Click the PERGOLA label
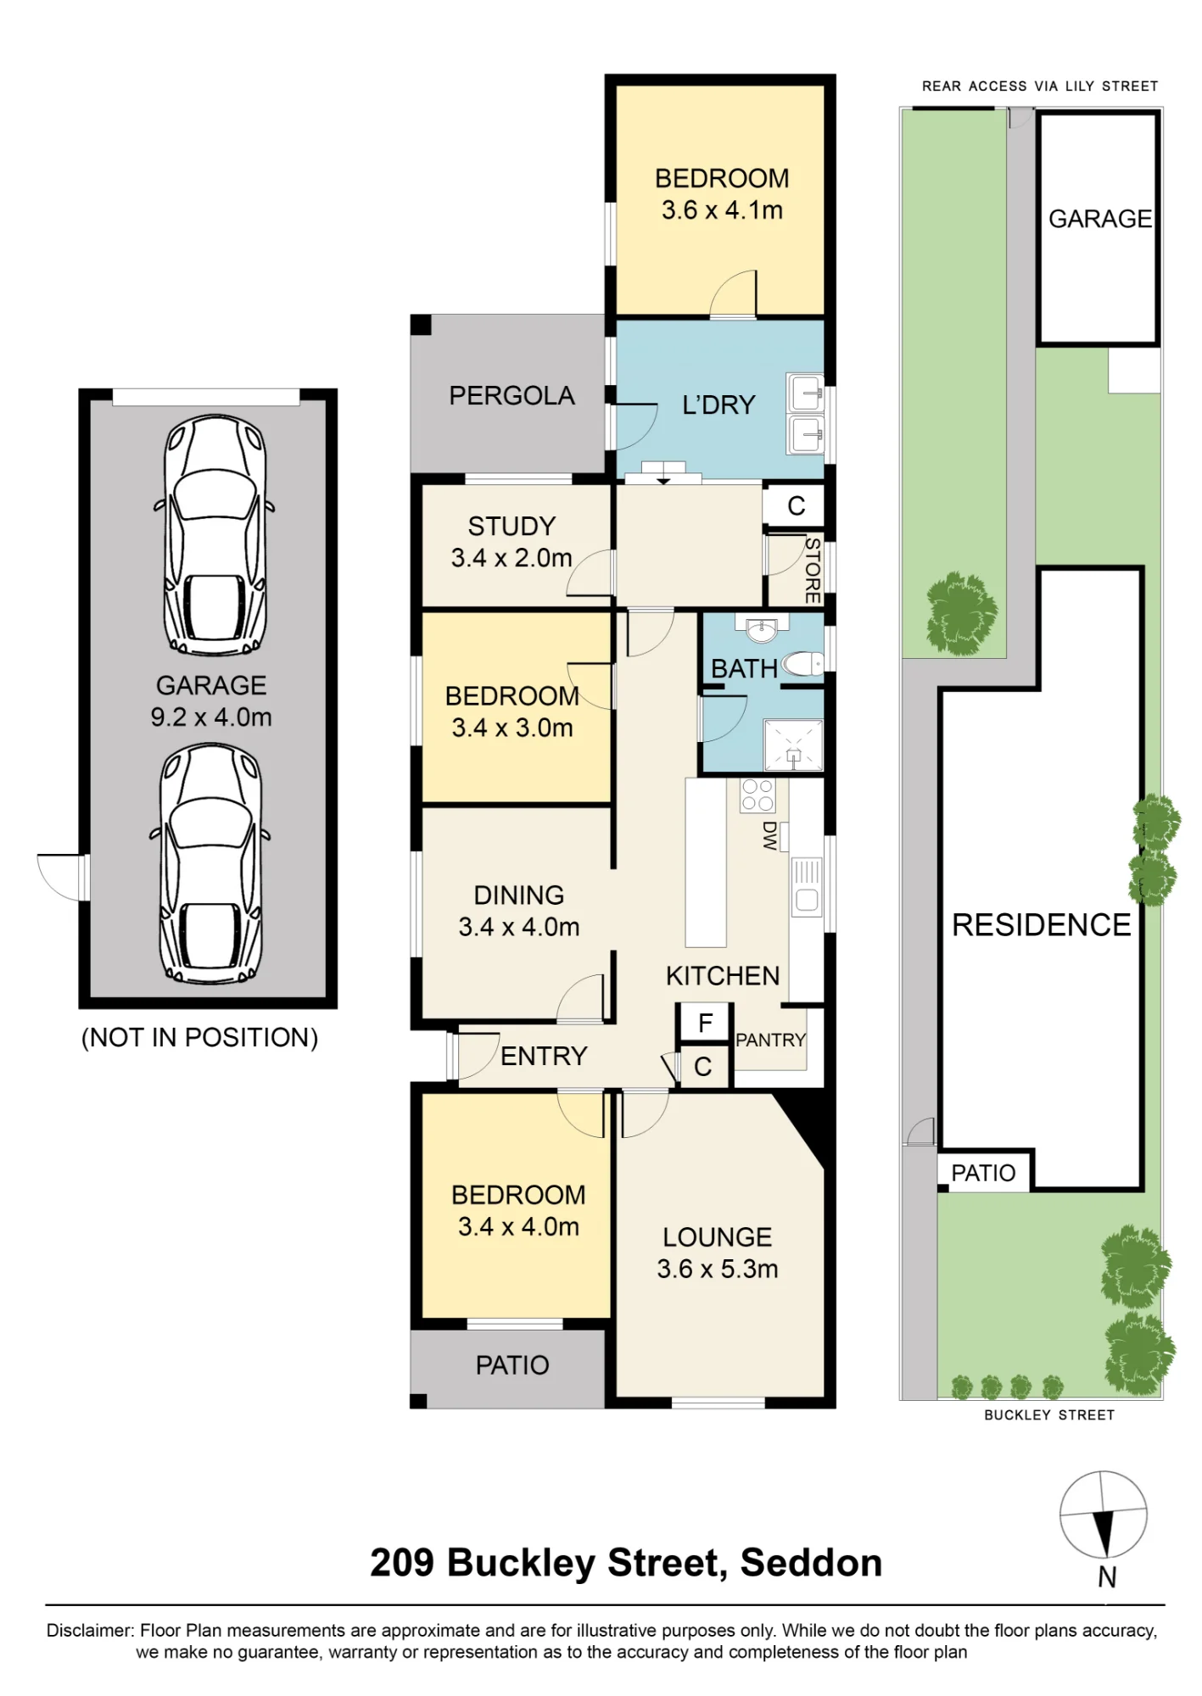click(512, 396)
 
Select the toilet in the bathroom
click(802, 663)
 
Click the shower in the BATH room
click(793, 745)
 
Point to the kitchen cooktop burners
click(758, 795)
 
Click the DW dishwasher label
click(770, 835)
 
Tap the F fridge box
click(704, 1024)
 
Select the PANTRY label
click(770, 1040)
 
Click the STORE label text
click(813, 570)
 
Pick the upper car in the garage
click(214, 535)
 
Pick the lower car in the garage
click(210, 863)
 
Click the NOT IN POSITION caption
click(199, 1037)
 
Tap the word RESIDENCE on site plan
click(1042, 925)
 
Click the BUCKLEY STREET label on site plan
click(1049, 1414)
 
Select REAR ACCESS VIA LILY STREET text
click(1040, 86)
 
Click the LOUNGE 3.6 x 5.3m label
click(718, 1252)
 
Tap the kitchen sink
click(807, 887)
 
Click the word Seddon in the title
click(811, 1563)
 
